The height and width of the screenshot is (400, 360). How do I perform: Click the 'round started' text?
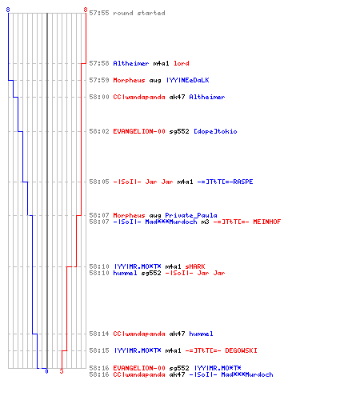tap(139, 13)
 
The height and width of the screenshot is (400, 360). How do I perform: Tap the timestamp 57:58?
tap(99, 63)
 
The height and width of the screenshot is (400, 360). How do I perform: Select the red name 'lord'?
tap(182, 63)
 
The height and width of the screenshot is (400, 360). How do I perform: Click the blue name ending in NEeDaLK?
tap(188, 80)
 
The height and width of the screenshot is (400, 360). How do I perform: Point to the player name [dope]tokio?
tap(215, 131)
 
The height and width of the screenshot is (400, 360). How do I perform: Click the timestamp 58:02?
tap(99, 131)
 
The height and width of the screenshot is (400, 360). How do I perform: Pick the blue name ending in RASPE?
tap(225, 182)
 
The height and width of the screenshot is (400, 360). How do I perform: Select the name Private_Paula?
tap(191, 215)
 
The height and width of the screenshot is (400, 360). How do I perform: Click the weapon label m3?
tap(205, 222)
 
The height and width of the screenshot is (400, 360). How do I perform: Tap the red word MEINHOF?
tap(267, 222)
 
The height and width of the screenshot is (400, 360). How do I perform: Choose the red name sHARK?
tap(195, 266)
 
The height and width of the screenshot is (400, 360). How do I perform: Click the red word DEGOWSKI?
tap(241, 350)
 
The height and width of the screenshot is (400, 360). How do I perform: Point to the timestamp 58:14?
tap(99, 334)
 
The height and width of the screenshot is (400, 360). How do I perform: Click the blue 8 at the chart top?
tap(8, 10)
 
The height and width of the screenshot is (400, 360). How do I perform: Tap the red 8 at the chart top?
tap(86, 10)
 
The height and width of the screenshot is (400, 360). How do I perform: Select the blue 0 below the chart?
tap(46, 371)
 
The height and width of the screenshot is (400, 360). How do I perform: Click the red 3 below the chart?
tap(62, 371)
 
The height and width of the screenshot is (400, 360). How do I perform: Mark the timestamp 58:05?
tap(99, 182)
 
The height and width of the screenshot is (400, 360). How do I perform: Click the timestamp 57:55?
tap(99, 13)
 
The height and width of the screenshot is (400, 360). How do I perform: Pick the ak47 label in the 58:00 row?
tap(177, 97)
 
